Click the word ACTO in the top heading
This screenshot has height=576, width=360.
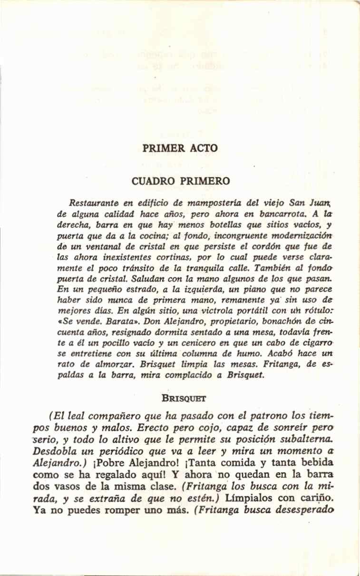pyautogui.click(x=204, y=148)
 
